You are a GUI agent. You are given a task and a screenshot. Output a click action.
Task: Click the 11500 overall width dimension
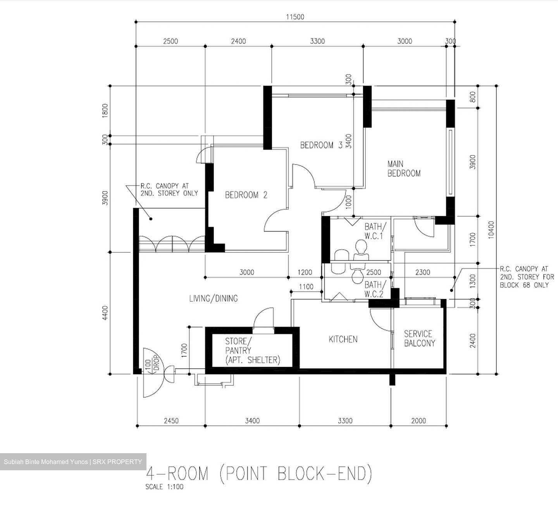295,17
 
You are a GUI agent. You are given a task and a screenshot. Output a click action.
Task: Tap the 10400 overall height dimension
491,229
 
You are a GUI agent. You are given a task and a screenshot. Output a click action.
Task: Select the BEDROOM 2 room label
246,195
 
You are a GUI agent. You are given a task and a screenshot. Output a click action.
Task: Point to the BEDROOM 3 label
321,145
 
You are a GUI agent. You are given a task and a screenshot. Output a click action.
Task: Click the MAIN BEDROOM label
404,169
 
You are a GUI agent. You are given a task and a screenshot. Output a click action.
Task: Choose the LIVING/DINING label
213,298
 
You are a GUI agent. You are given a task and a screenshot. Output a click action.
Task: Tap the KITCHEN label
343,339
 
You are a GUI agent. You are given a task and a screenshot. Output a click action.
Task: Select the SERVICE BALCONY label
419,338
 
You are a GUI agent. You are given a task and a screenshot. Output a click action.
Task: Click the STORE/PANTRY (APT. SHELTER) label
252,350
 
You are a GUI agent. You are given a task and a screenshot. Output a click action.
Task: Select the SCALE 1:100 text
164,487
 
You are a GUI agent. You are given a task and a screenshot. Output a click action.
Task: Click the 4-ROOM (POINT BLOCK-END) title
259,474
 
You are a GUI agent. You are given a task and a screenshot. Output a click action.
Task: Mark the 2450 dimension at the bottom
171,421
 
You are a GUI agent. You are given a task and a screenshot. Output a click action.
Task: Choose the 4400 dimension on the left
105,313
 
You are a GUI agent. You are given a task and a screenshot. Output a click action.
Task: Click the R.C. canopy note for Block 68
526,277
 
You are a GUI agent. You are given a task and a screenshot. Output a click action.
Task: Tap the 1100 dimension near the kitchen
306,287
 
